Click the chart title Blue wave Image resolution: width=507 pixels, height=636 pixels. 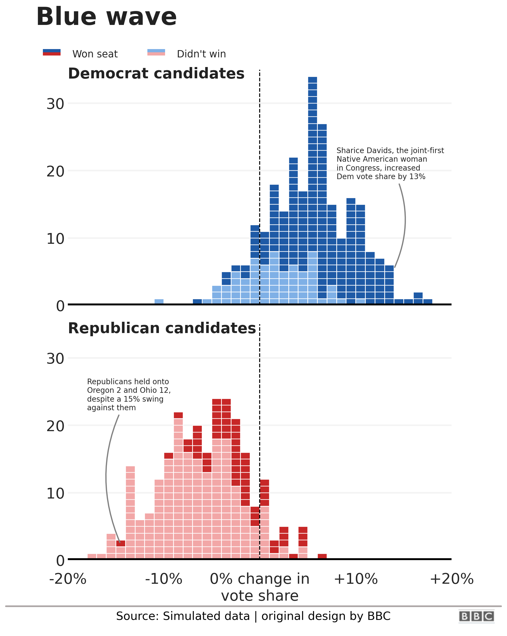point(106,17)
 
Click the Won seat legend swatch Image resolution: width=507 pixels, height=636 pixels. point(51,52)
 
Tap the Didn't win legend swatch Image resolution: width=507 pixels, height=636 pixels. point(156,52)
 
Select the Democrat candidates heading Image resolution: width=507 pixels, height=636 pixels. point(156,73)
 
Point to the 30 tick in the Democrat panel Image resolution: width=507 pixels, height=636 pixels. point(55,104)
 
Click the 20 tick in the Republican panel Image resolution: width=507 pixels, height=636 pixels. point(55,426)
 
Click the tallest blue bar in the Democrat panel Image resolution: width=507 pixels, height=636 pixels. point(312,177)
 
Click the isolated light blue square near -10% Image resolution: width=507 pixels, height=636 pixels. point(159,301)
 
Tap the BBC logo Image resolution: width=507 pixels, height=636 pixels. point(476,616)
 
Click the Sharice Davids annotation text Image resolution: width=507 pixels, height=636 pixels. point(390,164)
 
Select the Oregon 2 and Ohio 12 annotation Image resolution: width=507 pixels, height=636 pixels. point(129,394)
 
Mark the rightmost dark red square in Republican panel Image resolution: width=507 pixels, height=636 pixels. point(322,556)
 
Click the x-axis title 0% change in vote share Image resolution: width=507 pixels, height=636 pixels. point(259,587)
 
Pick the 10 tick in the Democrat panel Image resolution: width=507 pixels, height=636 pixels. point(55,239)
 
